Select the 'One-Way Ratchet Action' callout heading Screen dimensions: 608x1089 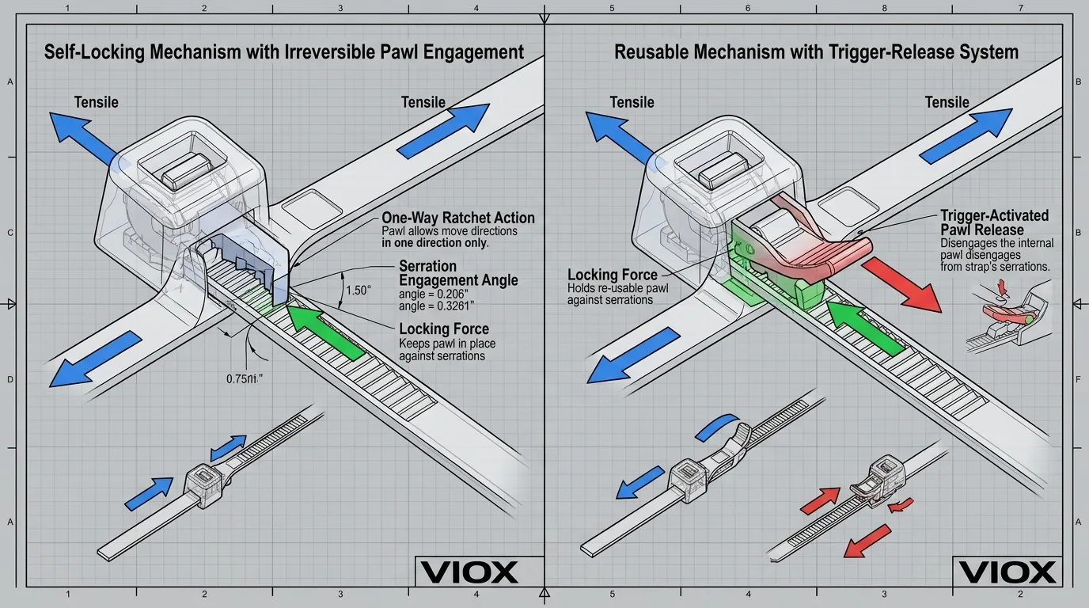point(457,218)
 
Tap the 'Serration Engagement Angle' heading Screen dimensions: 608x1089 point(458,273)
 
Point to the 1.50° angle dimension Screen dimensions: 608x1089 point(358,291)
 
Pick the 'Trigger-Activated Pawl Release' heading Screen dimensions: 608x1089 point(994,222)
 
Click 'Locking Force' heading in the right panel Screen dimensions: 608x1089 point(613,275)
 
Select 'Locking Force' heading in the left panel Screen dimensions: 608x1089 point(443,329)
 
